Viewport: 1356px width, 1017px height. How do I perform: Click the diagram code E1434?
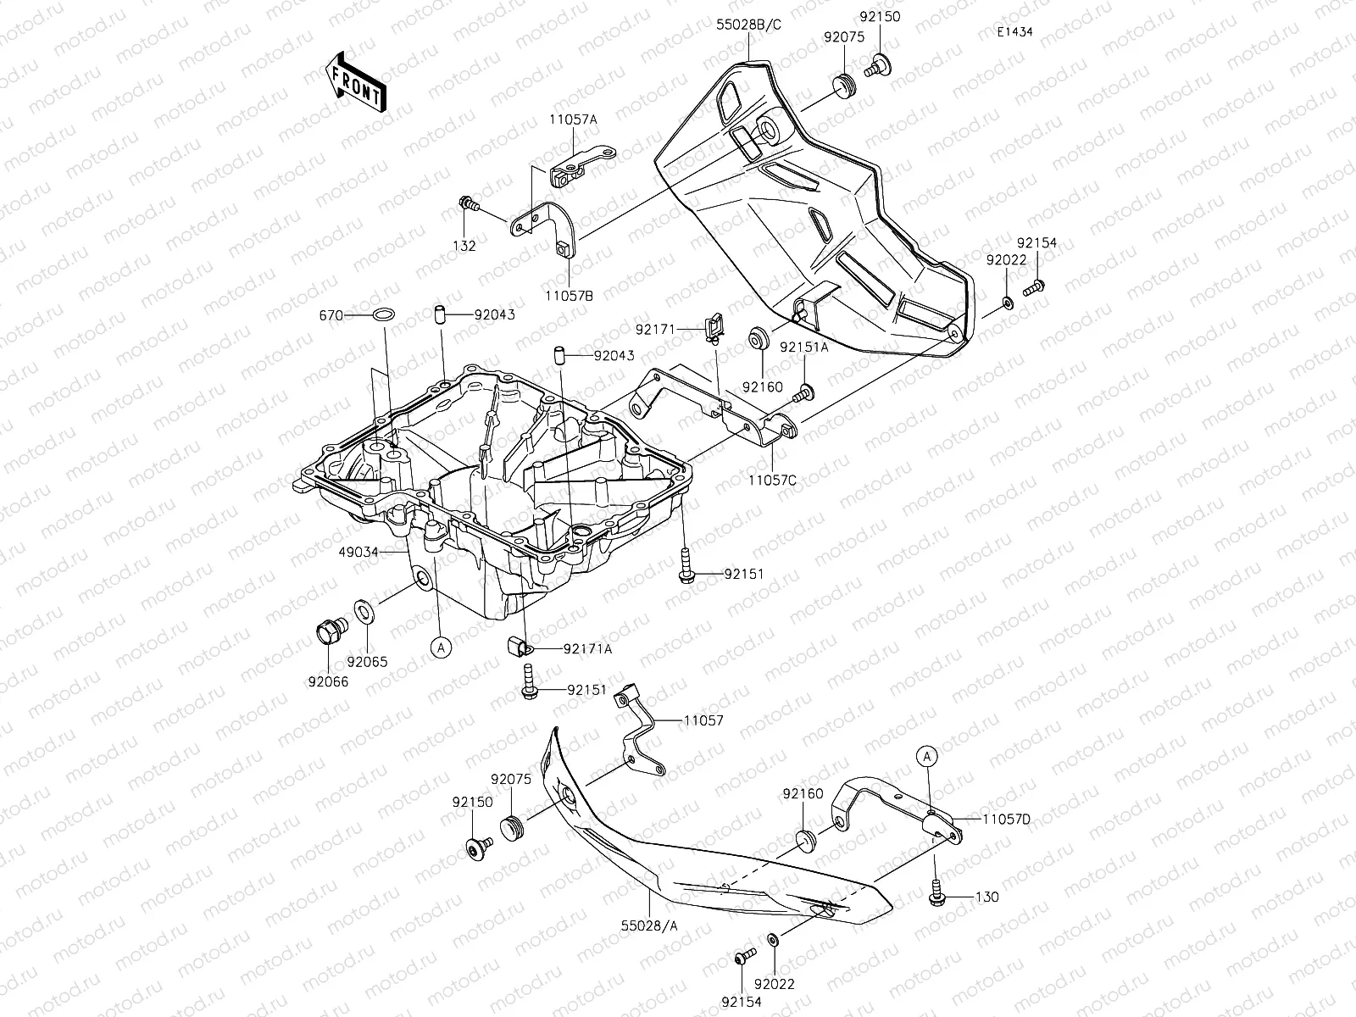[1014, 32]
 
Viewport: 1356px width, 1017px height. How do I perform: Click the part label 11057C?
[772, 479]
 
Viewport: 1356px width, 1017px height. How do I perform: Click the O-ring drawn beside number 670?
[383, 315]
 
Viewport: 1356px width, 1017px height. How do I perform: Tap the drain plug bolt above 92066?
[327, 631]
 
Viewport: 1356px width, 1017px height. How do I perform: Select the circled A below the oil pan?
[440, 647]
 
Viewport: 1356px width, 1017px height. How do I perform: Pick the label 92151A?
[804, 347]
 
